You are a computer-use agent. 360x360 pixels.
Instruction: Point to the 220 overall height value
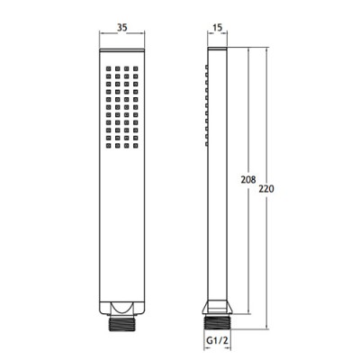pyautogui.click(x=264, y=190)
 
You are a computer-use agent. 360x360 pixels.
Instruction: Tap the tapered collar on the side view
pyautogui.click(x=216, y=304)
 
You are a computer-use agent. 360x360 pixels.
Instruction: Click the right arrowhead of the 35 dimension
pyautogui.click(x=145, y=40)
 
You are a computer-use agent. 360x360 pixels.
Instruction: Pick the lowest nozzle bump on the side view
pyautogui.click(x=207, y=144)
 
